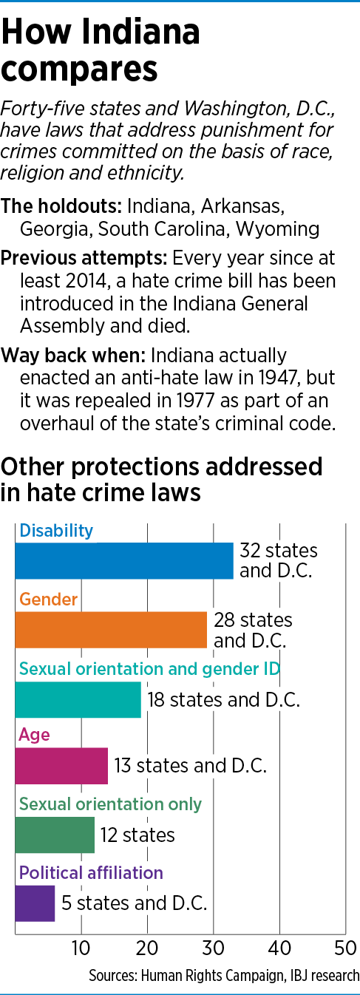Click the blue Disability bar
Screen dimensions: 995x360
[124, 561]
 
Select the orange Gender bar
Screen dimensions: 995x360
[111, 630]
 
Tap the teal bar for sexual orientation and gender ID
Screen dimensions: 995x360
[78, 699]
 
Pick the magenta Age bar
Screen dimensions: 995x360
[61, 765]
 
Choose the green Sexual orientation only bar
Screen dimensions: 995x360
[55, 835]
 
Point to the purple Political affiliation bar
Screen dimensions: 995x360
[35, 903]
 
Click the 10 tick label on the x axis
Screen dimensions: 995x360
[81, 947]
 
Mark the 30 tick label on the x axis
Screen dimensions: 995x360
[214, 947]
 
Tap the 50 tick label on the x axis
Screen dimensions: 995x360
[345, 947]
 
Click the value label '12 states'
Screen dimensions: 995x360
[137, 835]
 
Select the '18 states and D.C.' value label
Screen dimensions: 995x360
[223, 699]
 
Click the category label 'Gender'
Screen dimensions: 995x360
[49, 599]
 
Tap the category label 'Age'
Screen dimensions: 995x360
[34, 735]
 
